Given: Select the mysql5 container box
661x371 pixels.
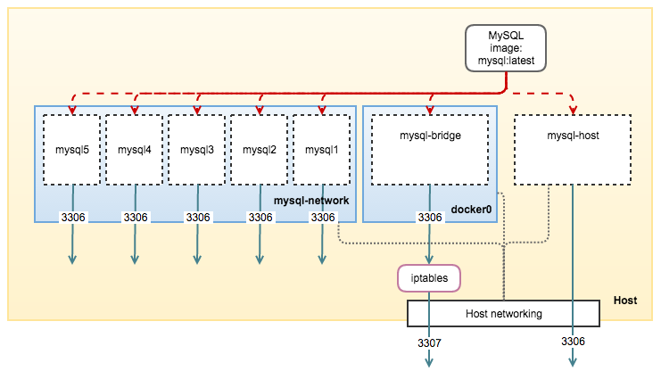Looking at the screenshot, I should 72,149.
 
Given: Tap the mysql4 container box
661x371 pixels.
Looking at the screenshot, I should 135,149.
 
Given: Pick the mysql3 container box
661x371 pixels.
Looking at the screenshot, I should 197,149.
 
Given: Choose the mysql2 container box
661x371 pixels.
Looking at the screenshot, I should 260,149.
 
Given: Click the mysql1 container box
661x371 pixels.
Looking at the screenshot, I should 322,149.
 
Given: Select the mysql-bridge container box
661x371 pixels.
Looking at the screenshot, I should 430,149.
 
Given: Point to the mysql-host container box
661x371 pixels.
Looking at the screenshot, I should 573,149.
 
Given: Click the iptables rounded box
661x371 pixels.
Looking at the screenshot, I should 430,279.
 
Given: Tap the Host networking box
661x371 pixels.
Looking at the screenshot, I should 503,313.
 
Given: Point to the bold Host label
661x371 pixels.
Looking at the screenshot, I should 625,301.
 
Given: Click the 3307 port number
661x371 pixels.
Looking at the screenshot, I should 430,342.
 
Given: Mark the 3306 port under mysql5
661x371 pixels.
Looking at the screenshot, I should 72,217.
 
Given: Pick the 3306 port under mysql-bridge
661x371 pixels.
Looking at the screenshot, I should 430,217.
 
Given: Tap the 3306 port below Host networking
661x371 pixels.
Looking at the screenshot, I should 573,342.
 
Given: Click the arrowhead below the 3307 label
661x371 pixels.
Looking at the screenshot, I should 430,362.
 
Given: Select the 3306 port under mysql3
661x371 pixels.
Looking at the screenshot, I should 197,217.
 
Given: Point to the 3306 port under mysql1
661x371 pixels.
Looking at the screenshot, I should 322,217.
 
